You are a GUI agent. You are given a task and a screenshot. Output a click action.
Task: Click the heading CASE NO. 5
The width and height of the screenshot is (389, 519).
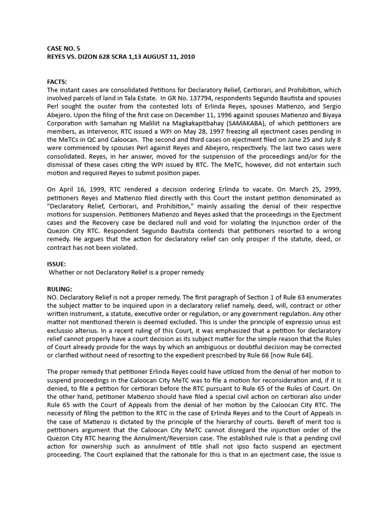pyautogui.click(x=63, y=49)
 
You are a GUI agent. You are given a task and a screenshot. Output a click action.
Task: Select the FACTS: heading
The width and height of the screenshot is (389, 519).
pyautogui.click(x=57, y=81)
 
